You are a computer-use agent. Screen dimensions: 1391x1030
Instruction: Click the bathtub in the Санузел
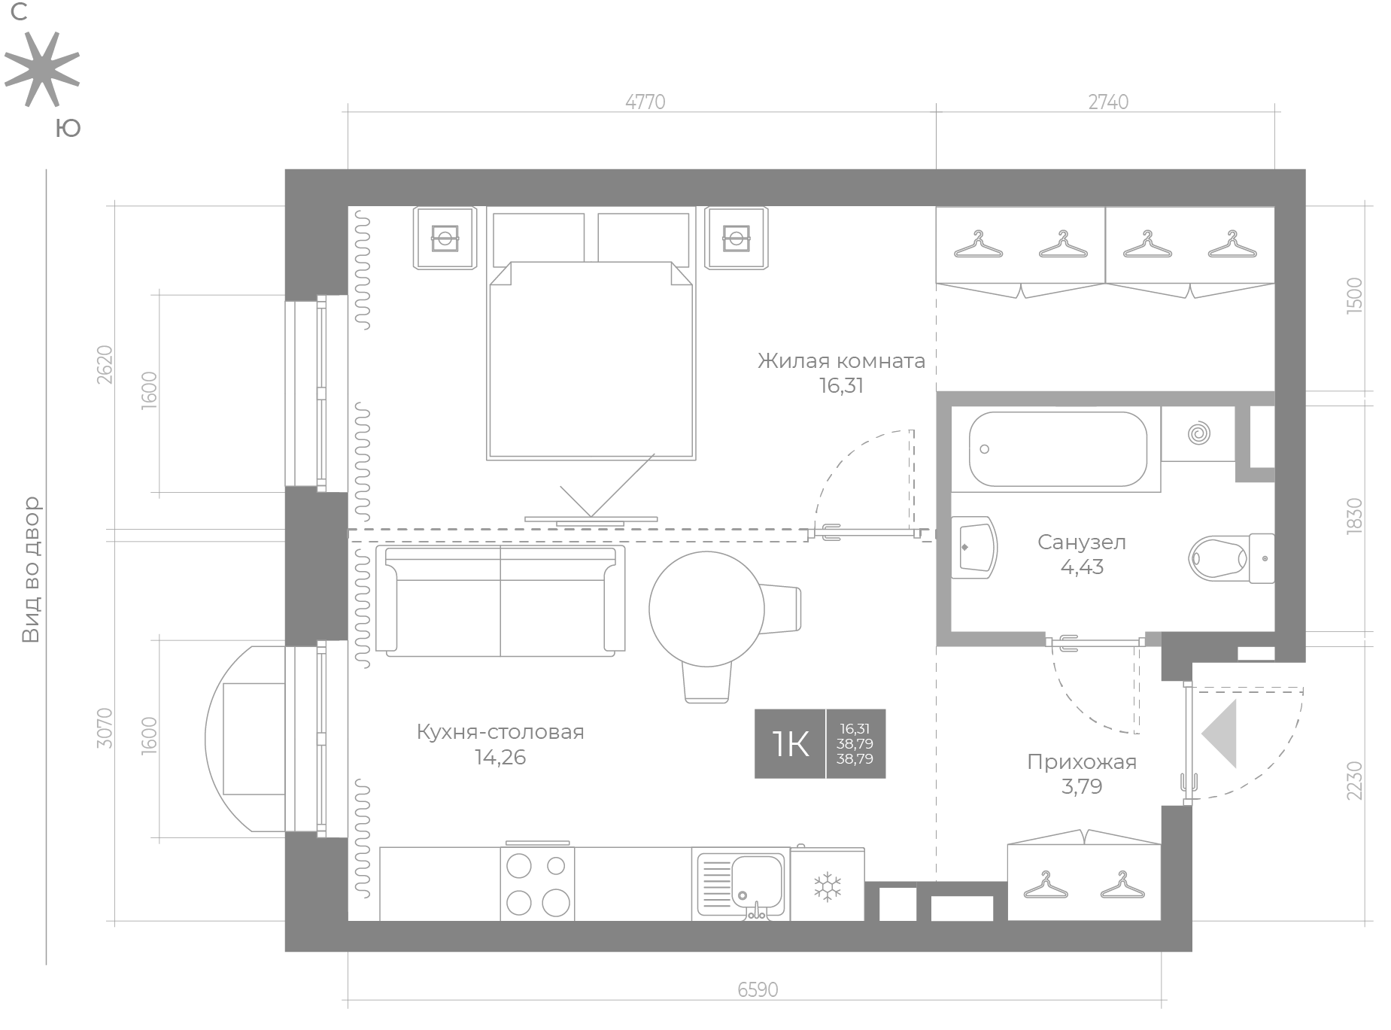(x=1057, y=449)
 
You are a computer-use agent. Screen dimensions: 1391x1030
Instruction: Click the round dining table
(x=706, y=609)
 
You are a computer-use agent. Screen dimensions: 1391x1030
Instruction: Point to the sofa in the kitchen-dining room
(x=500, y=600)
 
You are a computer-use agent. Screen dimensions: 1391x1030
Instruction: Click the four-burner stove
(x=537, y=883)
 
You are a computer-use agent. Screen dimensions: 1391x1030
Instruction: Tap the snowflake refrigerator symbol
(x=828, y=887)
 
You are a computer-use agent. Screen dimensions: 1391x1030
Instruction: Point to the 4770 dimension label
(x=645, y=102)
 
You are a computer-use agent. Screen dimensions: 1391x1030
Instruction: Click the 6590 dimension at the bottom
(x=758, y=989)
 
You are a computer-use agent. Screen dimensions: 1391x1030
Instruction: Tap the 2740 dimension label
(x=1108, y=102)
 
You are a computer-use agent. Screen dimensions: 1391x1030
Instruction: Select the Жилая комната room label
(x=841, y=361)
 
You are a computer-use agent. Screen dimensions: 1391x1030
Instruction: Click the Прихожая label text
(x=1082, y=762)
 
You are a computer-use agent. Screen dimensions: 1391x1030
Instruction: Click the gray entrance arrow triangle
(x=1219, y=734)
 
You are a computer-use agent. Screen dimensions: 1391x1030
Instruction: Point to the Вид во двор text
(x=30, y=570)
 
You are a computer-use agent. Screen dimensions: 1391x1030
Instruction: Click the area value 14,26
(x=500, y=757)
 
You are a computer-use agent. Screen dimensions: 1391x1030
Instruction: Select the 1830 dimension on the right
(x=1354, y=516)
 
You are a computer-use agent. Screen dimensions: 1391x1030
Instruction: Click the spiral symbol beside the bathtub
(x=1198, y=434)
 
